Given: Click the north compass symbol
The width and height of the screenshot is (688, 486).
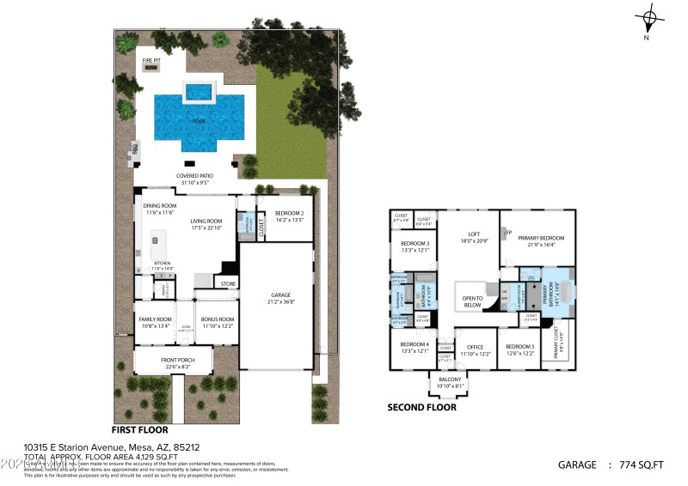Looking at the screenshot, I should coord(650,17).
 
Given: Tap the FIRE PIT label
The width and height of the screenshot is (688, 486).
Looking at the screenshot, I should coord(151,61).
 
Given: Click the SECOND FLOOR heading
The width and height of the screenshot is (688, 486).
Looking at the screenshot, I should coord(421,407).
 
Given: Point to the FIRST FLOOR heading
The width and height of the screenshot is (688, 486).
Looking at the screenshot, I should coord(140,428).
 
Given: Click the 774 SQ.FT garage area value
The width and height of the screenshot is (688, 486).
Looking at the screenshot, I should coord(642,465).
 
